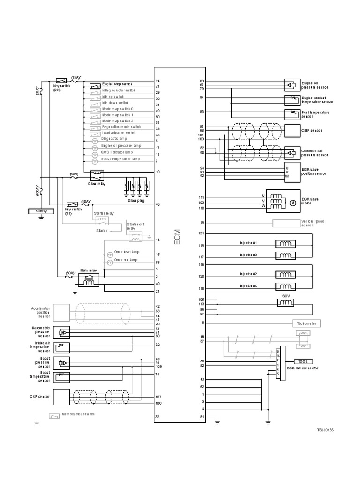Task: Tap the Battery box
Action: click(x=41, y=211)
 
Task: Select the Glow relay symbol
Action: click(x=97, y=175)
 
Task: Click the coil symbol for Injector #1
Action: click(x=285, y=244)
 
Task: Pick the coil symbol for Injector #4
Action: click(x=285, y=286)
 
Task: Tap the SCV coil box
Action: click(x=285, y=304)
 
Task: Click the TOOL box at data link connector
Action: click(x=302, y=361)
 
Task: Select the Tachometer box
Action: click(x=307, y=323)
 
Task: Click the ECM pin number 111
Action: click(x=202, y=197)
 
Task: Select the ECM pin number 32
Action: click(x=157, y=417)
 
